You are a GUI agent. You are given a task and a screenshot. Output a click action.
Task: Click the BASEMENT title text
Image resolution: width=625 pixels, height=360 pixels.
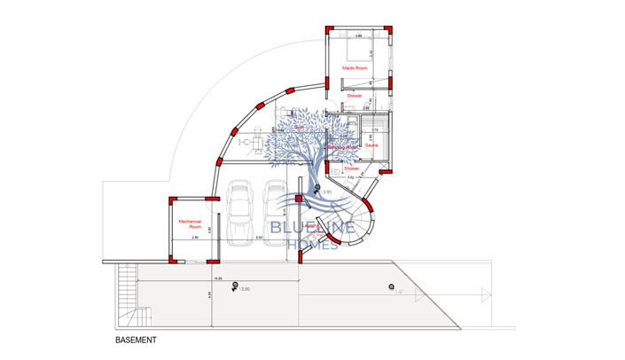(136, 340)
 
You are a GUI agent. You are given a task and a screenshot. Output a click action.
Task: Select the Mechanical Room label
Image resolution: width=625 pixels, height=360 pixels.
(190, 223)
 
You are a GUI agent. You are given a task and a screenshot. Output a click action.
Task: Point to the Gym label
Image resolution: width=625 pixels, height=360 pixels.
(300, 128)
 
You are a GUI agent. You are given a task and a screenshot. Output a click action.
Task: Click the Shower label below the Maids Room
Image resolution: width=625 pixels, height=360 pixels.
(355, 95)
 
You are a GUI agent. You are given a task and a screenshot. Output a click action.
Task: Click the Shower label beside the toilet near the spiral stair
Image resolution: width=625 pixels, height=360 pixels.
(351, 168)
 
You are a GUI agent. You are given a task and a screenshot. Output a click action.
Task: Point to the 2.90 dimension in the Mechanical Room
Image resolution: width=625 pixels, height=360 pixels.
(194, 238)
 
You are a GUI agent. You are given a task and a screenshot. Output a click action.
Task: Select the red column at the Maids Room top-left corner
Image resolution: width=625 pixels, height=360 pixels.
(329, 31)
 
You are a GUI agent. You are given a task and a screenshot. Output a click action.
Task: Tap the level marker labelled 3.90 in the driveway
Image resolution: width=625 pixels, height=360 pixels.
(236, 286)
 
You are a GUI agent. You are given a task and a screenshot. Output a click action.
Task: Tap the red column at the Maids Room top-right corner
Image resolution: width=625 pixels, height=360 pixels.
(389, 31)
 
